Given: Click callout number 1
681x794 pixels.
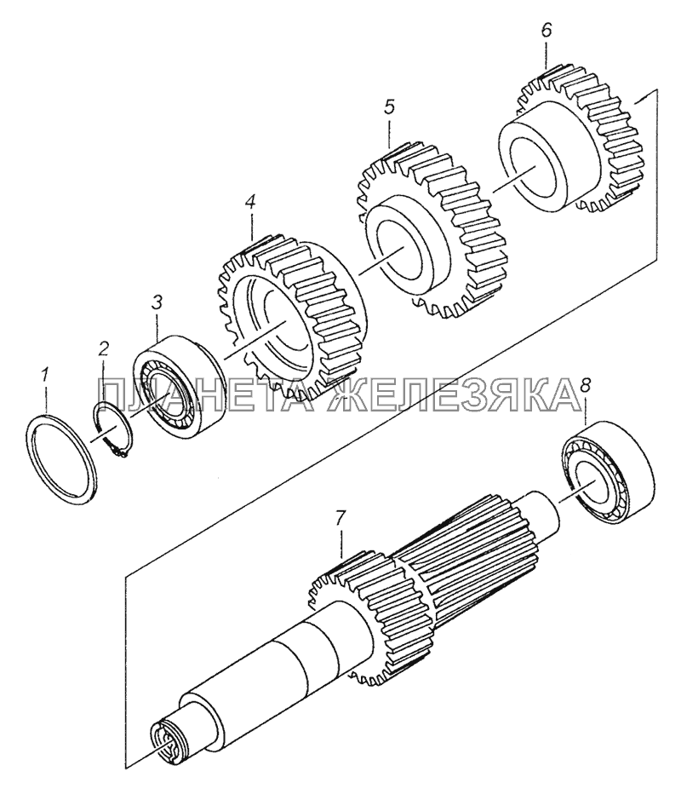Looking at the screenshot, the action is pos(45,377).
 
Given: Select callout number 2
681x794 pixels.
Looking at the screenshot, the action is pos(103,348).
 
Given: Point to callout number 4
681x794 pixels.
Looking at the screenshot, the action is pos(249,202).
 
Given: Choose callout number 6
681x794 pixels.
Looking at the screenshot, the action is pos(546,31).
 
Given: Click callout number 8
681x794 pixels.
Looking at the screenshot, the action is pos(585,386).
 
